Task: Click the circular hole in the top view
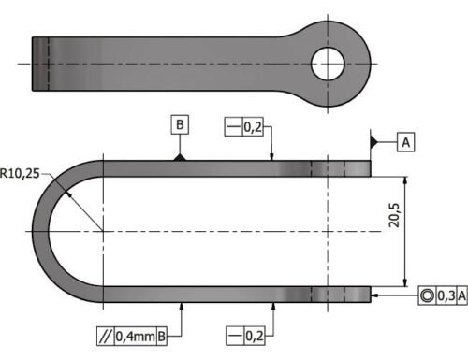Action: point(328,64)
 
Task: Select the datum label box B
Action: point(180,124)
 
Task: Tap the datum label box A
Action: point(405,142)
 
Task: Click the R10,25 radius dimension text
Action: point(20,173)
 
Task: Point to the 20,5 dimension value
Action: point(394,215)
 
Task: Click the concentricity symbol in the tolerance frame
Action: point(427,295)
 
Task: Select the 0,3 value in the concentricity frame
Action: point(446,295)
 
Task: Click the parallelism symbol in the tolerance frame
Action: point(106,336)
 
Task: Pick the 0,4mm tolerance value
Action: point(136,336)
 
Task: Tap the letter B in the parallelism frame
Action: point(162,336)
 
